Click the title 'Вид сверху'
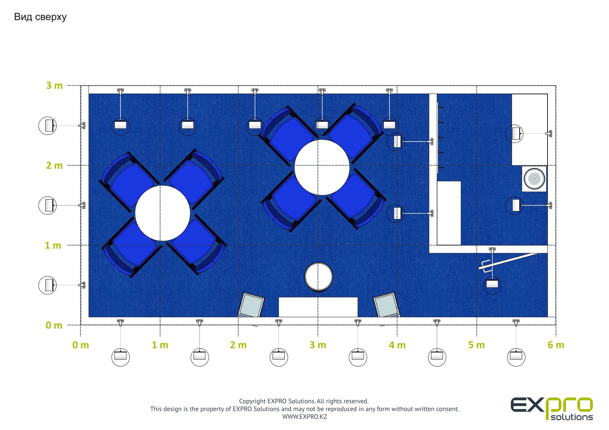point(40,17)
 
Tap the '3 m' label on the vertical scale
point(54,86)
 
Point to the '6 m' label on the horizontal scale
point(556,345)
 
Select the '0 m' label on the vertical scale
point(54,325)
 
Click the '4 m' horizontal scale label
point(397,345)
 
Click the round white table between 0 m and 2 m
point(162,213)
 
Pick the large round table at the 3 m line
point(322,168)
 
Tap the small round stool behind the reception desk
point(319,277)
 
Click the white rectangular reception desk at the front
point(318,307)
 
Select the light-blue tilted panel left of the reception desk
point(251,305)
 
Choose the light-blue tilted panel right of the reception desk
point(386,305)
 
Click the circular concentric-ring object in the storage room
point(534,179)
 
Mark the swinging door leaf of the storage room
point(509,261)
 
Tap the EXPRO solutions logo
point(551,408)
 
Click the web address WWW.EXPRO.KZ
point(305,417)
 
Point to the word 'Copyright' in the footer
point(252,401)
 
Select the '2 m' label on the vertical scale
point(54,165)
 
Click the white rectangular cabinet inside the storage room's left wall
point(449,213)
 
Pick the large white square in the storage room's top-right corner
point(530,129)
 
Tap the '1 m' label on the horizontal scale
point(160,345)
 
